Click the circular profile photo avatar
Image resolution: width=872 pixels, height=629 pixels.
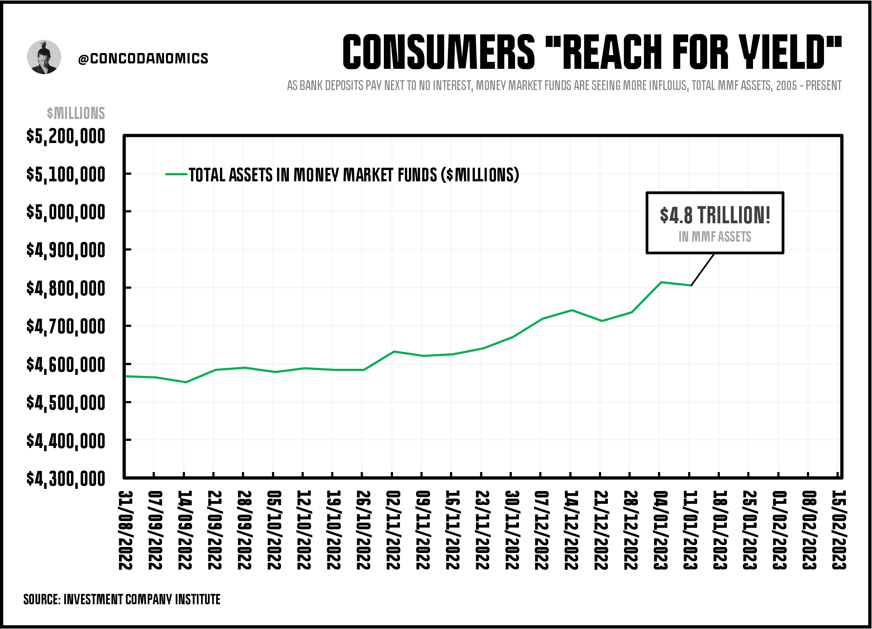coord(44,57)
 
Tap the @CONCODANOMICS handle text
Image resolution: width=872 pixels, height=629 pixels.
coord(143,58)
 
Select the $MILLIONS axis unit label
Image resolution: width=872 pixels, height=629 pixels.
coord(76,113)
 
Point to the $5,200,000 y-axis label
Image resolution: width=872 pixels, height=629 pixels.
coord(65,137)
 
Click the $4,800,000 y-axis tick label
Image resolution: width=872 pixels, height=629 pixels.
coord(65,289)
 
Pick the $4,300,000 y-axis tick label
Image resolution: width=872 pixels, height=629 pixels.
coord(65,479)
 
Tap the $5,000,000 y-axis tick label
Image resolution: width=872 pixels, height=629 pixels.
coord(65,212)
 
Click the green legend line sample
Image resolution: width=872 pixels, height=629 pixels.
coord(176,174)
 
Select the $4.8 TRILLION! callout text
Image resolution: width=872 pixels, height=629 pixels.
coord(715,215)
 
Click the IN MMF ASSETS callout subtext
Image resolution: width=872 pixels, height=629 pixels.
coord(715,237)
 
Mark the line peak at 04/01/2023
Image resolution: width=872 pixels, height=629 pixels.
coord(661,282)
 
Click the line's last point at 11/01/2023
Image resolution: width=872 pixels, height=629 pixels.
coord(691,285)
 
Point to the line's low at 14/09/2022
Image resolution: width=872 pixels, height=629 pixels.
coord(186,382)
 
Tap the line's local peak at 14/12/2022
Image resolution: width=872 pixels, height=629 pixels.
coord(572,310)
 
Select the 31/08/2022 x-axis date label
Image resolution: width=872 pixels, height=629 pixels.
coord(125,530)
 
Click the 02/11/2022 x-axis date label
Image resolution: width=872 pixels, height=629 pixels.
coord(392,530)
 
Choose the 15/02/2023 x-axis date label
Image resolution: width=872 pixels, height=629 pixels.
coord(839,530)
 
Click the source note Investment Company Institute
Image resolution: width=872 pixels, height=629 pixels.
coord(121,599)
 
